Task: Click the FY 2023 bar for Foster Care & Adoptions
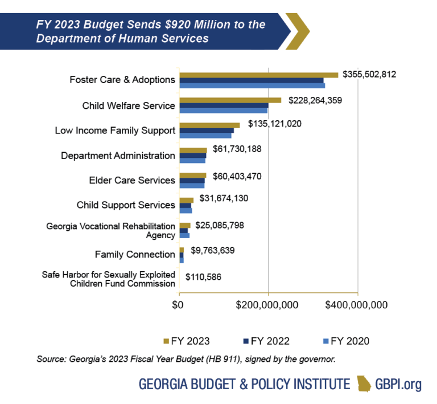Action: point(258,75)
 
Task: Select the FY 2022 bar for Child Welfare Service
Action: point(224,105)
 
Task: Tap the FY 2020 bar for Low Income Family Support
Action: point(205,136)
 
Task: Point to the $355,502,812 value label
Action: point(369,75)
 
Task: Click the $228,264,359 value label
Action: point(315,100)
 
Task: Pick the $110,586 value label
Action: point(203,278)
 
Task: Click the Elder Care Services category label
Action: point(132,180)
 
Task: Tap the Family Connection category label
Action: point(135,254)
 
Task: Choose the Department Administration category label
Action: point(118,156)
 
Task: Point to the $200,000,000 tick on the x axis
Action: point(268,305)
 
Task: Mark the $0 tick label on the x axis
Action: point(179,305)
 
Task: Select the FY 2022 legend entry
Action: point(266,341)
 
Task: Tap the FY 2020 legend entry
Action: point(346,341)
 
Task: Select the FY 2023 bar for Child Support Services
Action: point(186,200)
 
